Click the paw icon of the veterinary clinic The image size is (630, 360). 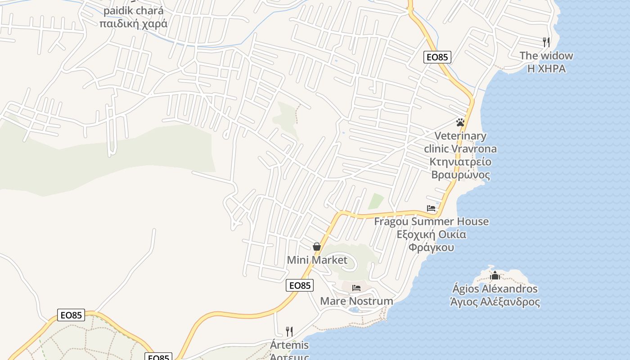coord(460,122)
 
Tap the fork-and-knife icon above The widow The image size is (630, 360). coord(546,42)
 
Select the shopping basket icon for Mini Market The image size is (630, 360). coord(317,247)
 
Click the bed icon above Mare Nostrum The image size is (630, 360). coord(356,288)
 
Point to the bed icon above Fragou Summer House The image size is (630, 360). coord(431,208)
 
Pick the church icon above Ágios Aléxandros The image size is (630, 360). coord(495,275)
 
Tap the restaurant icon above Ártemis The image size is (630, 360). coord(289,332)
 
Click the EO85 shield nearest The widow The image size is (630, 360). coord(437,57)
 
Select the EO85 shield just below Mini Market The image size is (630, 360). coord(299,285)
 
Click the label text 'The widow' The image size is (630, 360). coord(546,56)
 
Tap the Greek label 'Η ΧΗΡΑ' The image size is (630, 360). coord(546,69)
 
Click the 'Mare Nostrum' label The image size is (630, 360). coord(356,301)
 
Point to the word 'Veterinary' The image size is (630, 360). coord(460,136)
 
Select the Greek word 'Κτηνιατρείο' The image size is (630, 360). coord(460,162)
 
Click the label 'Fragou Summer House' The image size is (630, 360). coord(431,221)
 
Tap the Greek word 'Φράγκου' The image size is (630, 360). coord(431,247)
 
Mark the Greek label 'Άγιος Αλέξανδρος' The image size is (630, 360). coord(495,302)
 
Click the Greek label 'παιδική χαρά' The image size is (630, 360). coord(133,23)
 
